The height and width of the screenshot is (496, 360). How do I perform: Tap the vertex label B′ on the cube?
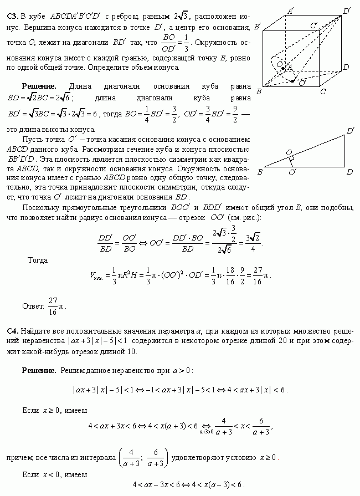tap(256, 26)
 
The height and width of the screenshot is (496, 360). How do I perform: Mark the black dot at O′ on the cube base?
tap(293, 80)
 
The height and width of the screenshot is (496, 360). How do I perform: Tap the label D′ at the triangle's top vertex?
tap(351, 130)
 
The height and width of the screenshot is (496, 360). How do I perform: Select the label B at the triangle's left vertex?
tap(260, 172)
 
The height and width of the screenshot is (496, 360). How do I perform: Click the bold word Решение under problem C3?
tap(39, 86)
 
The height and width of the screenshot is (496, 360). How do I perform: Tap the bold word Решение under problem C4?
tap(39, 369)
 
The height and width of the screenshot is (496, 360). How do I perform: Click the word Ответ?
tap(33, 305)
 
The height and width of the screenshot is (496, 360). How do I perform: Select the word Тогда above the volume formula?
tap(38, 259)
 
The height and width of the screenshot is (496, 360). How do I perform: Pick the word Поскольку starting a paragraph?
tap(40, 207)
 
